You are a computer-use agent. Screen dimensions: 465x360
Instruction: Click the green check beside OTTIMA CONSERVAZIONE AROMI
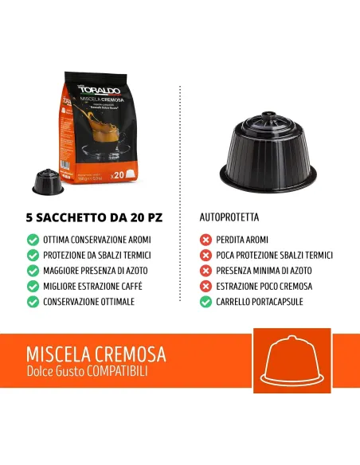click(x=33, y=240)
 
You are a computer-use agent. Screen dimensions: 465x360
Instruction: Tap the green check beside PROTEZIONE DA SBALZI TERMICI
click(x=33, y=256)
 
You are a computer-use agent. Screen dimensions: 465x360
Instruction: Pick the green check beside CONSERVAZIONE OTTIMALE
click(x=33, y=302)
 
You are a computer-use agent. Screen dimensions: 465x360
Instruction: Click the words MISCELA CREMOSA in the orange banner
click(x=96, y=354)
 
